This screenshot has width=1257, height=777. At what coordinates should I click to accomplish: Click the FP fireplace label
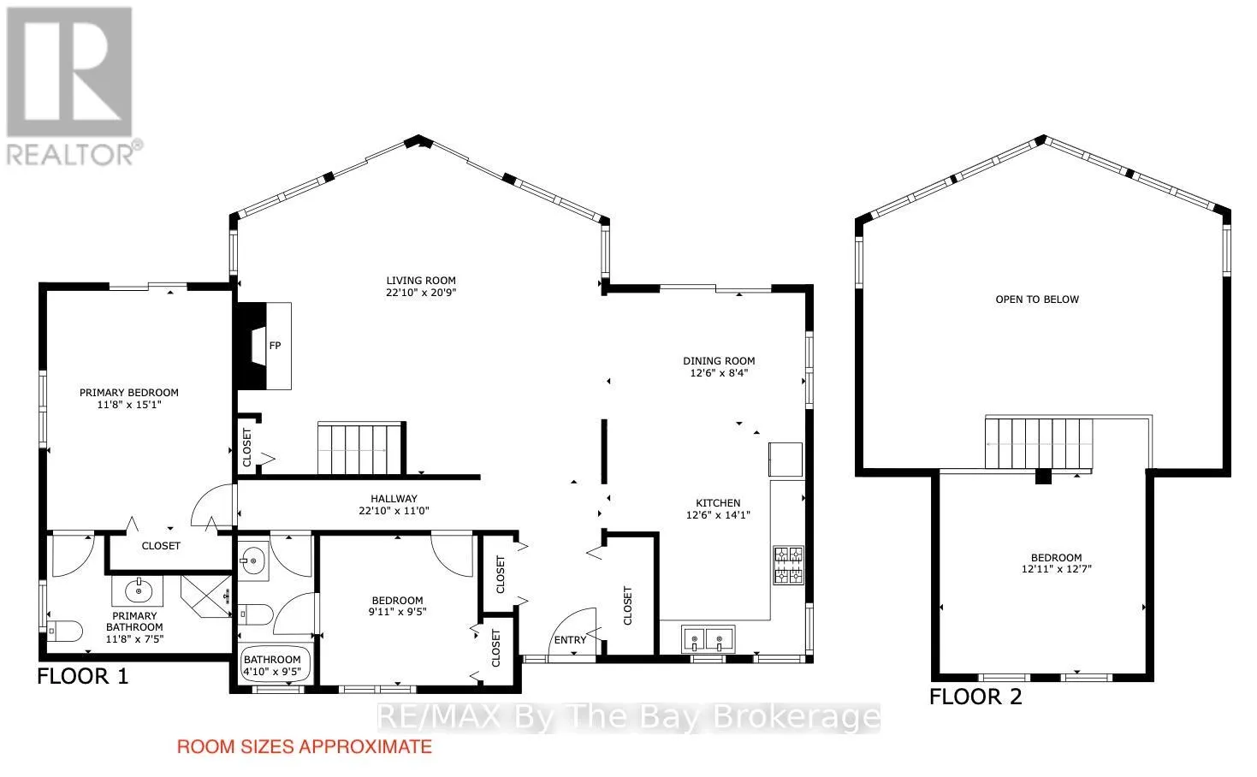(x=275, y=346)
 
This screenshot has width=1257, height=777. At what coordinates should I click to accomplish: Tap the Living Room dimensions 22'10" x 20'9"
(x=421, y=293)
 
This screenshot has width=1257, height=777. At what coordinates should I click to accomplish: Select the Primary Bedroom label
(x=129, y=393)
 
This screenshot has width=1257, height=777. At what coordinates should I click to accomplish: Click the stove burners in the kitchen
(x=788, y=566)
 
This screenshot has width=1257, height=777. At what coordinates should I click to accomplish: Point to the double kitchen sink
(x=709, y=639)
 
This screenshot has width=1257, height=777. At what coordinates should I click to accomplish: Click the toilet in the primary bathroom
(x=64, y=632)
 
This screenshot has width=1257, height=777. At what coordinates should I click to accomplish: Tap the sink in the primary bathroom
(x=138, y=590)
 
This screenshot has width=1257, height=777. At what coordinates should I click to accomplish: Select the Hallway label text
(x=394, y=499)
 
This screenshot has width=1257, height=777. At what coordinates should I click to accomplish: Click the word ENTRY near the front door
(x=570, y=640)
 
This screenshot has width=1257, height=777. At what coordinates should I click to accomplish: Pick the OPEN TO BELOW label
(x=1037, y=300)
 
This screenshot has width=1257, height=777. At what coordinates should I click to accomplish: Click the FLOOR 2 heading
(x=975, y=697)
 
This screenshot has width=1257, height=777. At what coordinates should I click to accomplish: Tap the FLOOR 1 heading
(x=83, y=676)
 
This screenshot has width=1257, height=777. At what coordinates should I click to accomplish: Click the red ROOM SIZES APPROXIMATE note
(x=304, y=747)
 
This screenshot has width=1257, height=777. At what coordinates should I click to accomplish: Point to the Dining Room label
(x=719, y=361)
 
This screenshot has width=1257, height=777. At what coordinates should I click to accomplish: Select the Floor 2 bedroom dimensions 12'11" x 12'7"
(x=1057, y=569)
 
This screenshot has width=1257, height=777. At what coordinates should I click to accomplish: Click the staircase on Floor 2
(x=1039, y=443)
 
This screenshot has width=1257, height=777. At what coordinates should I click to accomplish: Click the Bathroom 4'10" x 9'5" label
(x=272, y=666)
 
